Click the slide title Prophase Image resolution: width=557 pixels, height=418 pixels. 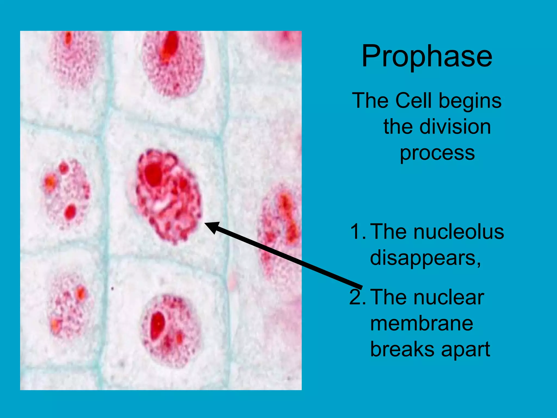click(x=426, y=57)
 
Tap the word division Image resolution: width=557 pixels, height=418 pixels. click(x=455, y=127)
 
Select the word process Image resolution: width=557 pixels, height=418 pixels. click(x=437, y=153)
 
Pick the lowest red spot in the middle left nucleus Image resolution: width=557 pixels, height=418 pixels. click(x=70, y=212)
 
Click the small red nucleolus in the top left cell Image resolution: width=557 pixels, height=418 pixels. click(x=68, y=38)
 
